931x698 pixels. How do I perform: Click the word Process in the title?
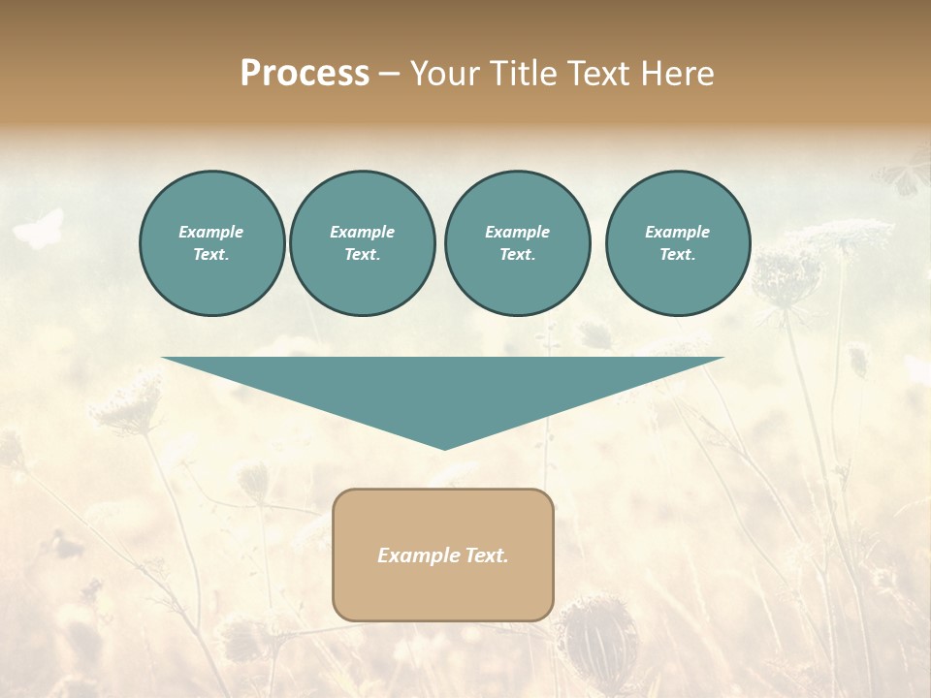point(305,74)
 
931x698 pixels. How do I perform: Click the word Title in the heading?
point(524,74)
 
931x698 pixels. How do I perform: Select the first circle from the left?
point(211,243)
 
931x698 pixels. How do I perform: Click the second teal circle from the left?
point(362,243)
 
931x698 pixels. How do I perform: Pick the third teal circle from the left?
point(517,243)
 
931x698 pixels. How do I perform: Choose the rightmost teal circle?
point(677,243)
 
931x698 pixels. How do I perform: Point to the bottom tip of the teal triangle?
point(444,448)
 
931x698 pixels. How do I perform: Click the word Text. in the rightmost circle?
point(677,255)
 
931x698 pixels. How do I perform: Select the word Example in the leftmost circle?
point(211,232)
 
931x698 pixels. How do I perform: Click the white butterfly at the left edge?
point(39,229)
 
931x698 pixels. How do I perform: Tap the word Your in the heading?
point(445,74)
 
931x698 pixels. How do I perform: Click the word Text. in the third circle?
point(517,255)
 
